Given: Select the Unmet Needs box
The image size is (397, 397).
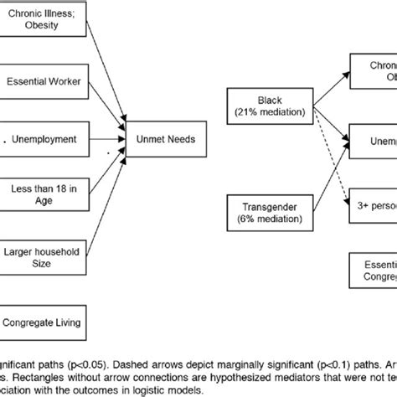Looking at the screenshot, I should (162, 139).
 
